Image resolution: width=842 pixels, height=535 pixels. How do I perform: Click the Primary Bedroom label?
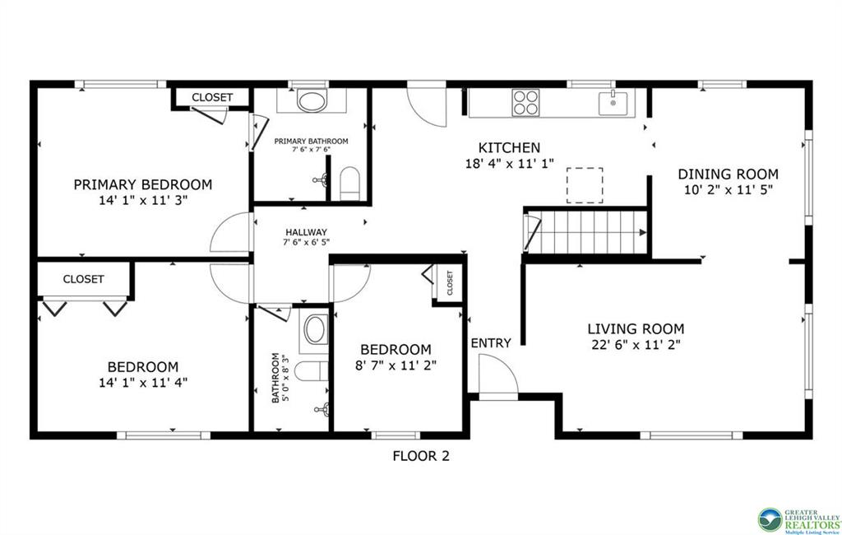(x=142, y=184)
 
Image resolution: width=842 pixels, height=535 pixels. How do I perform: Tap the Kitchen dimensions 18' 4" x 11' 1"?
(x=509, y=164)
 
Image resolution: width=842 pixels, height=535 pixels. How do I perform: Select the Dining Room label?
(x=727, y=174)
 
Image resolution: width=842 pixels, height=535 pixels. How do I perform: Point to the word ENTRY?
(x=491, y=343)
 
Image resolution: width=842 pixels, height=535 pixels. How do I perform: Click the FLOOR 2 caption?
(x=420, y=455)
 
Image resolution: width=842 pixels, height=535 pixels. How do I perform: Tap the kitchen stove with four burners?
(x=526, y=104)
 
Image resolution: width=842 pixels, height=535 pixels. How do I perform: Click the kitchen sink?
(x=613, y=103)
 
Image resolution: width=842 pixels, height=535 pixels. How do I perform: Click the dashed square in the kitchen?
(x=585, y=185)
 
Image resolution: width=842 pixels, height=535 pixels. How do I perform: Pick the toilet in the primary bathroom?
(x=350, y=182)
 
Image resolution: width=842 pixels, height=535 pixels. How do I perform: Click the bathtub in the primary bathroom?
(x=311, y=102)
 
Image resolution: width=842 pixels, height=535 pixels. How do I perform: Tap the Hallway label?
(x=306, y=232)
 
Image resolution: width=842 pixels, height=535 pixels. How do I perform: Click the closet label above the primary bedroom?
(x=212, y=97)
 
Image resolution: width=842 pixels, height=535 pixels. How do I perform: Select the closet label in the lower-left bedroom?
(x=83, y=279)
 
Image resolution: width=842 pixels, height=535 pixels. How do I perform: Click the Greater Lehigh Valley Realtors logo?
(x=798, y=520)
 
